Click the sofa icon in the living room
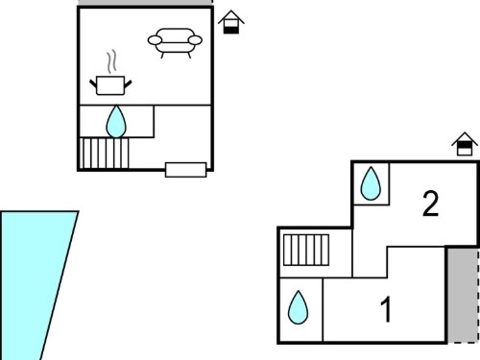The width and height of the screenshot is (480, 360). tap(175, 42)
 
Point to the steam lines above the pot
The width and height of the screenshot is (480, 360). tap(111, 61)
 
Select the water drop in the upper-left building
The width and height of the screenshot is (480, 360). tap(116, 122)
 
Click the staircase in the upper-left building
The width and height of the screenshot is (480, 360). tap(104, 153)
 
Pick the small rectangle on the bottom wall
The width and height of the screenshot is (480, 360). tap(185, 170)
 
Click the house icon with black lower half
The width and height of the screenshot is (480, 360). tap(231, 22)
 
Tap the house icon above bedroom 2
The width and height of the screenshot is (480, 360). tap(465, 144)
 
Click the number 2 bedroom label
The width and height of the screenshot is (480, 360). tap(430, 204)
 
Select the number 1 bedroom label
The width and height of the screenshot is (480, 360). tap(386, 309)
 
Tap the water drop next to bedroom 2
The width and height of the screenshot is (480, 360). tap(371, 183)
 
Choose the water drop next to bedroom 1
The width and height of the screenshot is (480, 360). tap(298, 307)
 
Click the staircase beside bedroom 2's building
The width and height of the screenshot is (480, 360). tap(306, 250)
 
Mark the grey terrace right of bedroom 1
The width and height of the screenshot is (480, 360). tap(463, 295)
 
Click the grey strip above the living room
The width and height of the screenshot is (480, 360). tap(146, 2)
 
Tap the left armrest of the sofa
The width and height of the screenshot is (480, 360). tap(155, 40)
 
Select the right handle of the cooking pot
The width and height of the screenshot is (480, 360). tap(128, 84)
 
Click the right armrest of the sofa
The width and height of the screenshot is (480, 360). tap(195, 40)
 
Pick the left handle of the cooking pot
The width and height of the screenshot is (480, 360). tap(93, 84)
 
